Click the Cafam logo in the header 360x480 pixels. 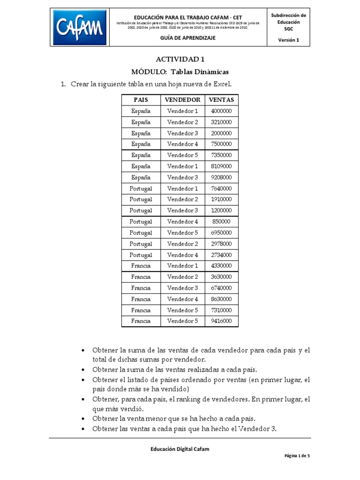coord(79,27)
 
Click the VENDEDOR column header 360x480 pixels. coord(182,100)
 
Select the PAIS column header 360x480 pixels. coord(141,100)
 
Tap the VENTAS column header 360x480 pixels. coord(221,100)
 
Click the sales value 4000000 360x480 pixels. coord(221,111)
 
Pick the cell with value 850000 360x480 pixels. coord(221,222)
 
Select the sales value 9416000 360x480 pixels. coord(221,321)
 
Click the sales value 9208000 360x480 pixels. coord(221,178)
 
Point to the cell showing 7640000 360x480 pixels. coord(221,188)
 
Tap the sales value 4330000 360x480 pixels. coord(221,266)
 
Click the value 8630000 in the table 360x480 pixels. coord(221,299)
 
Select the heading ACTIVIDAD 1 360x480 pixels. coord(180,60)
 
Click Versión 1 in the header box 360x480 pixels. coord(288,40)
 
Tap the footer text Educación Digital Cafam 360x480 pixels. coord(180,449)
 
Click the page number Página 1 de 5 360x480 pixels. coord(298,457)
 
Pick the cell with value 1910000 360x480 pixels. coord(221,200)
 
